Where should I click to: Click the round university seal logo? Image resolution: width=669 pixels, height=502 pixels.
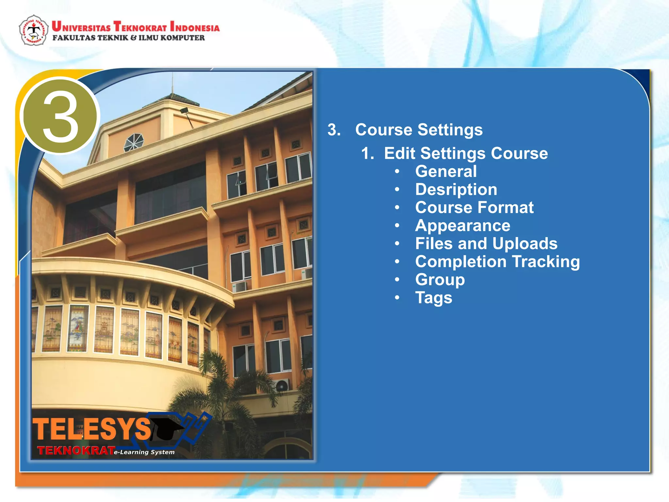[34, 30]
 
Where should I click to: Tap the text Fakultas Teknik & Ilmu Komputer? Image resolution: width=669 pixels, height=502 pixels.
[129, 38]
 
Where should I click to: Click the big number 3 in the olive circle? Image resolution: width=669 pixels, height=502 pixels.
[60, 117]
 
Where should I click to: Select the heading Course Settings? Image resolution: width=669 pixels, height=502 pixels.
[418, 130]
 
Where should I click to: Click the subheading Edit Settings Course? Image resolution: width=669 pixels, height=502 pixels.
[465, 153]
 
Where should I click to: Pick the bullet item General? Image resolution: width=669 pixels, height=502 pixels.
[446, 172]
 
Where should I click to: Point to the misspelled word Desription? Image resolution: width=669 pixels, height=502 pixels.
[456, 190]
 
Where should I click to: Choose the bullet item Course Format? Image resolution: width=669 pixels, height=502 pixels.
[474, 208]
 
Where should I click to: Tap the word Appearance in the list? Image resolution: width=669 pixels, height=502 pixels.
[463, 226]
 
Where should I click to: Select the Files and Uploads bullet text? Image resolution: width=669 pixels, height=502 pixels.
[486, 243]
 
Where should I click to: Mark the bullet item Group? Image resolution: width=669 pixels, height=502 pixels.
[440, 280]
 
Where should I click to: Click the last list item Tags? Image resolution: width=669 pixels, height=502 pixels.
[433, 298]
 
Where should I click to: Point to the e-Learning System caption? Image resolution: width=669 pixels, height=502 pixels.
[144, 452]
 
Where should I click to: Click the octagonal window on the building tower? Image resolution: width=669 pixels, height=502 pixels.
[133, 142]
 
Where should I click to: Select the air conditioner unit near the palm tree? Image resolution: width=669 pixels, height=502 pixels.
[282, 385]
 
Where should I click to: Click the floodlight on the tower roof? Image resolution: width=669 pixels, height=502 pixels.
[184, 110]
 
